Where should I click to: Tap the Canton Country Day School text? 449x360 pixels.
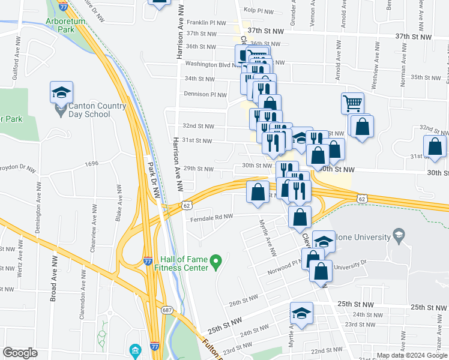pyautogui.click(x=98, y=110)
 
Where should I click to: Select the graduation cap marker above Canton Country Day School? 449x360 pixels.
pyautogui.click(x=61, y=92)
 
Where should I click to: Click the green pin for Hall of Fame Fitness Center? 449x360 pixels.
pyautogui.click(x=218, y=260)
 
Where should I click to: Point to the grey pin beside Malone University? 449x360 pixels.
pyautogui.click(x=397, y=233)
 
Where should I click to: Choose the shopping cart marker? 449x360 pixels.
pyautogui.click(x=352, y=103)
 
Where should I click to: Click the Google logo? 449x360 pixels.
pyautogui.click(x=20, y=353)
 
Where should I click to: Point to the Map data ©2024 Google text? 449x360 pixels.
pyautogui.click(x=412, y=355)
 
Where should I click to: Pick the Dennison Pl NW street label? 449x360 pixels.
pyautogui.click(x=205, y=94)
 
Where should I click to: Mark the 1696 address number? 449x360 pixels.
pyautogui.click(x=91, y=163)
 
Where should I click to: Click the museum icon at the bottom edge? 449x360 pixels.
pyautogui.click(x=134, y=350)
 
